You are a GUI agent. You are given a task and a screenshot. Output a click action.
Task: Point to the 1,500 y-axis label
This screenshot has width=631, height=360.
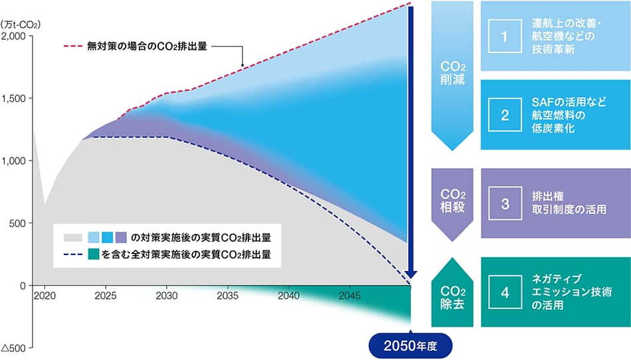14,98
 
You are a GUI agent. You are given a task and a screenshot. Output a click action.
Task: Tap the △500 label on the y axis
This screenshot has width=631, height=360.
13,348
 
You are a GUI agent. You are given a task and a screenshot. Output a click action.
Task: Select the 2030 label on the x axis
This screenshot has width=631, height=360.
167,296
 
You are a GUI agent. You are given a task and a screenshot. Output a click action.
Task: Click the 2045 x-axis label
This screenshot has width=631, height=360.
349,296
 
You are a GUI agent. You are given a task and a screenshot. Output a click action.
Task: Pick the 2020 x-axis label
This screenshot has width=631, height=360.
45,296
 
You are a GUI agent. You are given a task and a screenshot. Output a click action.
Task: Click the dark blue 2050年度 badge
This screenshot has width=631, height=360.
410,346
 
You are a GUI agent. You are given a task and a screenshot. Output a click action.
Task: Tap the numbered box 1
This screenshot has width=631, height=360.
505,37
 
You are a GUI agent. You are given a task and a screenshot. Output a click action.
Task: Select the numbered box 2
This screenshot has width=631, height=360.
505,115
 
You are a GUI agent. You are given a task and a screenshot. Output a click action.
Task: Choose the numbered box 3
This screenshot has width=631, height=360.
505,203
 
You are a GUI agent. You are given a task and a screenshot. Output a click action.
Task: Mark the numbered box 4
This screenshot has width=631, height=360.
505,292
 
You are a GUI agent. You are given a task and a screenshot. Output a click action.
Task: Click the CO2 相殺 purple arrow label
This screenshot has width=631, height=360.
452,201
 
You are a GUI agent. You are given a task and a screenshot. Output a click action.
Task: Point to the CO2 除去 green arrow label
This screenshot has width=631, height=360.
452,297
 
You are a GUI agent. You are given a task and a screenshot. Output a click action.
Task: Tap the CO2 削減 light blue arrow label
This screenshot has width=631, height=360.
452,73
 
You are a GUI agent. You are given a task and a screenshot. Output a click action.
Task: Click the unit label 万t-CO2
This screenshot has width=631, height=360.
21,25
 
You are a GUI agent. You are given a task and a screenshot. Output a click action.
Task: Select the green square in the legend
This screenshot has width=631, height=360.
94,254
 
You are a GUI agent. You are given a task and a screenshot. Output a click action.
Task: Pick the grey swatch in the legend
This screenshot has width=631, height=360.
73,238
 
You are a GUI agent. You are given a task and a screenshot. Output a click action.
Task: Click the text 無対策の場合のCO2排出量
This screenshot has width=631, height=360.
147,46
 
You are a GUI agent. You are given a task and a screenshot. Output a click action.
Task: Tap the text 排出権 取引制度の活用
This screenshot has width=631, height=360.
569,203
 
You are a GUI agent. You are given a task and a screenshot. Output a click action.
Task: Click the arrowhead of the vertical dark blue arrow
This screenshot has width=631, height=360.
410,276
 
